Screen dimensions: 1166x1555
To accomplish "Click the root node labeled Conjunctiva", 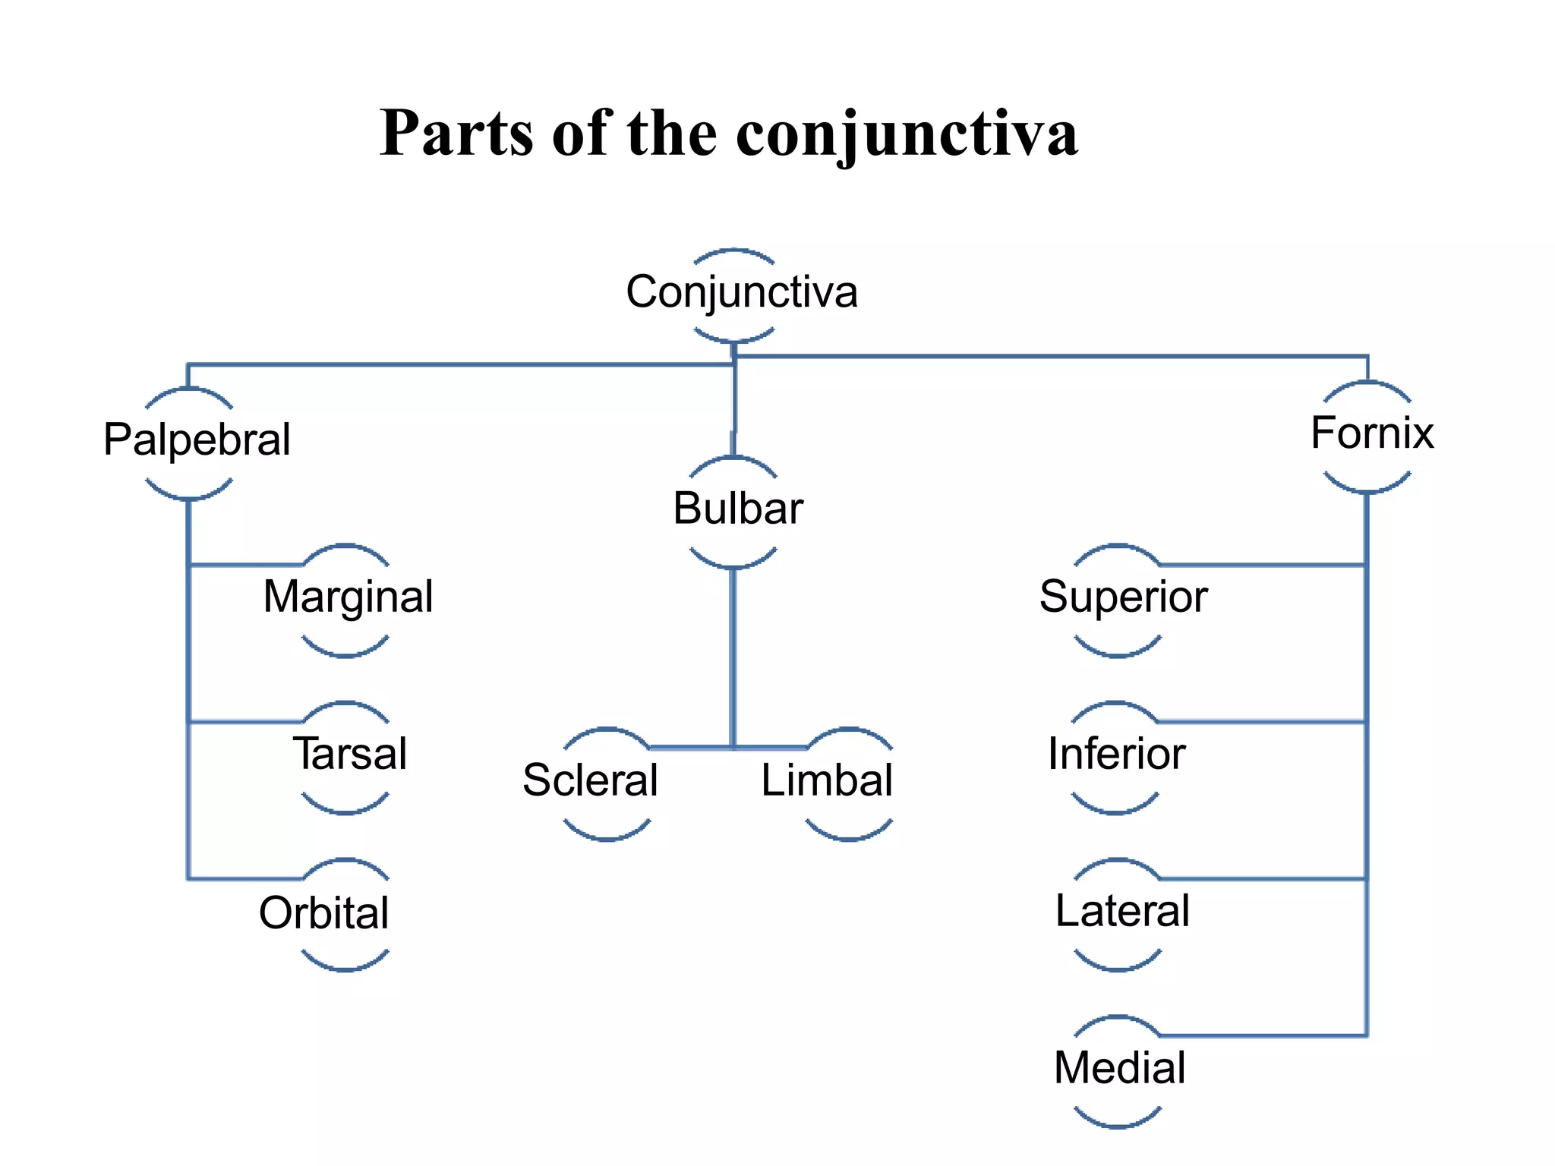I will tap(741, 292).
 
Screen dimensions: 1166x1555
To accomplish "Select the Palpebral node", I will tap(197, 440).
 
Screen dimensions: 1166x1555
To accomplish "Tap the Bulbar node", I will tap(737, 509).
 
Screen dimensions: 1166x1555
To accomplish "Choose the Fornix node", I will tap(1371, 433).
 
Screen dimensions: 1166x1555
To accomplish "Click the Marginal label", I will tap(348, 597).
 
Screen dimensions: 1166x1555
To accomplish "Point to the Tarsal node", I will tap(350, 754).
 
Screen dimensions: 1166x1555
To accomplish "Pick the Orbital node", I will tap(324, 912).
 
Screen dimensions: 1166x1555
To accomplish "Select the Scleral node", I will tap(590, 780).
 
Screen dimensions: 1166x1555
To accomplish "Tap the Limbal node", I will tap(827, 780).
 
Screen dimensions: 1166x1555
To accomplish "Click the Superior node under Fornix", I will tap(1123, 597).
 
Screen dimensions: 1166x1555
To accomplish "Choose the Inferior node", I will tap(1116, 754).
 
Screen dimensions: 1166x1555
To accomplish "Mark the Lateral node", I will tap(1122, 911).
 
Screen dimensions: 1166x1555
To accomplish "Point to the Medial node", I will tap(1119, 1068).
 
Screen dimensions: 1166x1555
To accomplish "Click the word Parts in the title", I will tap(456, 134).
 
